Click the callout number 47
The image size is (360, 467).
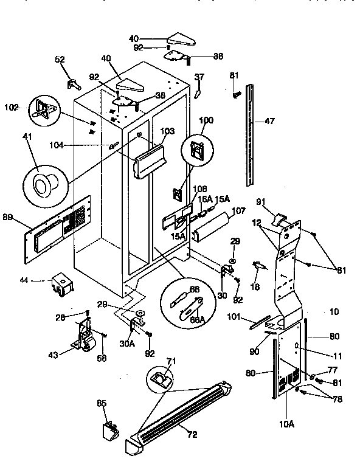269,122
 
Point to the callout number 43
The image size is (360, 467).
54,355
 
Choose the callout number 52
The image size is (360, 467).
60,60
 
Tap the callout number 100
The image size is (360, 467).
207,121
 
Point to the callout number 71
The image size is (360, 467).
171,362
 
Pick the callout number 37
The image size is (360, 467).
199,77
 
